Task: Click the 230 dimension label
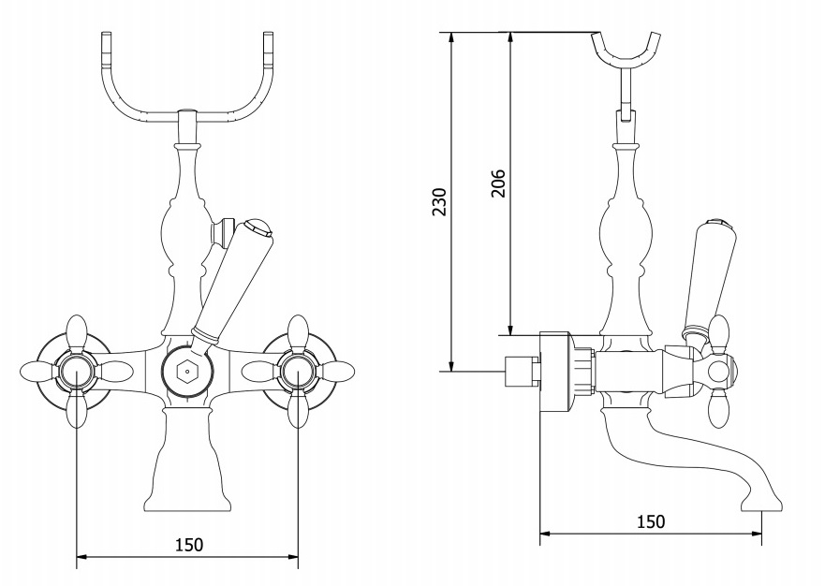pos(439,202)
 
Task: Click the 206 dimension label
pos(498,183)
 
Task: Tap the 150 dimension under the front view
pos(189,545)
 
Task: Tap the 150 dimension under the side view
pos(651,521)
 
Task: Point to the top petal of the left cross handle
pos(77,332)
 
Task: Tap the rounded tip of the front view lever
pos(258,227)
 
